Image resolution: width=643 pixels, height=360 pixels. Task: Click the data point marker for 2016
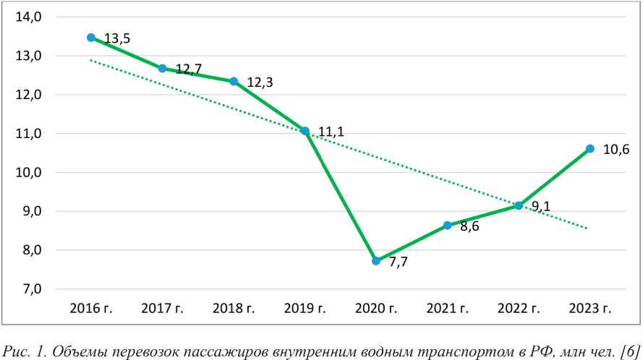[x=91, y=38]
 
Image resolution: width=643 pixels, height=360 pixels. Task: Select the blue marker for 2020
[x=376, y=261]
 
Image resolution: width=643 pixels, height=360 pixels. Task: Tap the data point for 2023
[x=590, y=149]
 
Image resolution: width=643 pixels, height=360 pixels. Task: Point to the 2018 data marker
[x=234, y=81]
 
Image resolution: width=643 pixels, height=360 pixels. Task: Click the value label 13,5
[x=116, y=39]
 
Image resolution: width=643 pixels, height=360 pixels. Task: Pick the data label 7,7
[x=399, y=262]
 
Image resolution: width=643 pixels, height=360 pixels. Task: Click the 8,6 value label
[x=469, y=226]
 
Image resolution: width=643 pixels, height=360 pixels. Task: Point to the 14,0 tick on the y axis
[x=29, y=17]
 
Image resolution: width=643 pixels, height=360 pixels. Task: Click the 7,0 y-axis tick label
[x=29, y=289]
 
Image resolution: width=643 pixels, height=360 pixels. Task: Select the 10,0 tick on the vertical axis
[x=29, y=173]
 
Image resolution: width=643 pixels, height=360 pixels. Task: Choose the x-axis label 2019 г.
[x=305, y=309]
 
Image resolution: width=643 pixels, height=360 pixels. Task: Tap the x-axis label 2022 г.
[x=519, y=309]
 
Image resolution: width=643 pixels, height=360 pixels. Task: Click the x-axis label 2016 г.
[x=91, y=309]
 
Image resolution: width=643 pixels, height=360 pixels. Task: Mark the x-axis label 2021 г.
[x=448, y=309]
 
